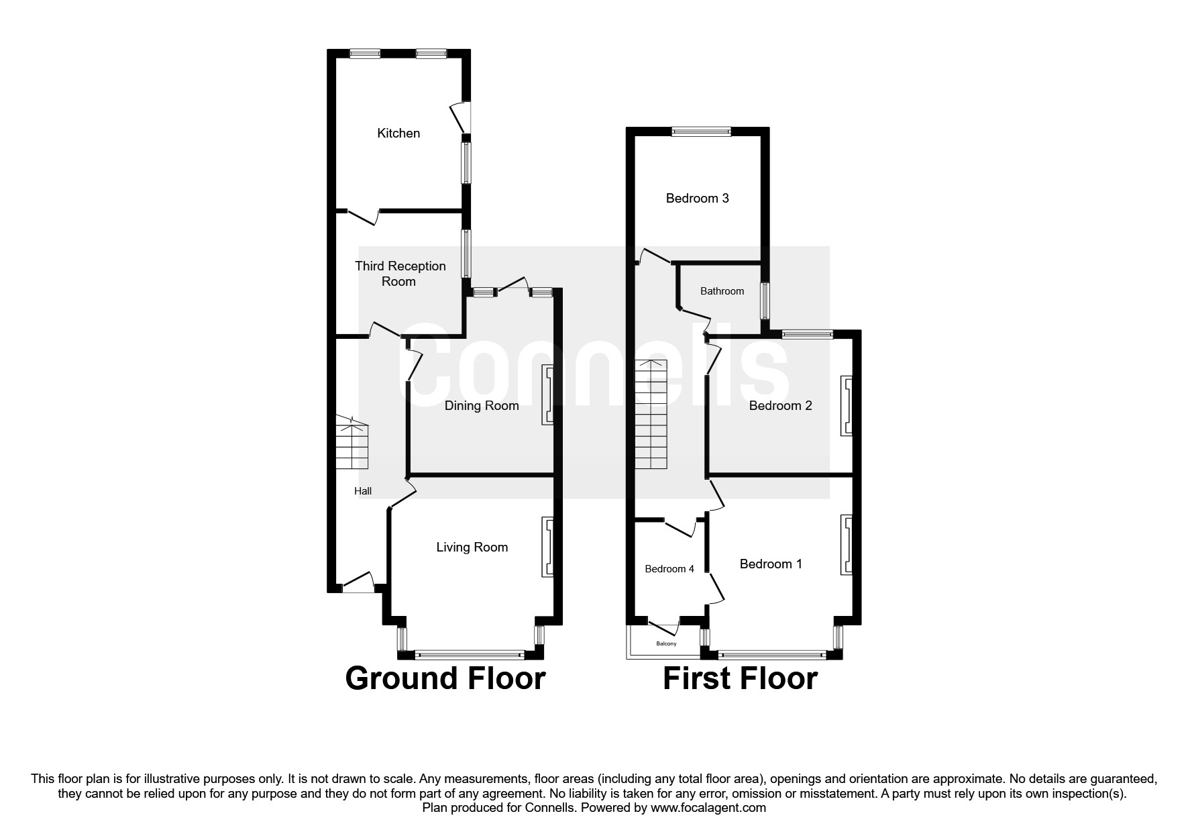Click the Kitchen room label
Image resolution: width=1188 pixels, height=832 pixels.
[x=398, y=134]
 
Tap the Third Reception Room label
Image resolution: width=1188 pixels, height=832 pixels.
[x=400, y=274]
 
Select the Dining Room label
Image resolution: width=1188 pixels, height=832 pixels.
[x=482, y=405]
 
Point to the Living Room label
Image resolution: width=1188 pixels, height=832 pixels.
[x=472, y=548]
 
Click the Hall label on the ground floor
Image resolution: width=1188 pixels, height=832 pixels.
[x=363, y=491]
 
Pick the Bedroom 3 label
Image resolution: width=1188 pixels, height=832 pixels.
[x=697, y=199]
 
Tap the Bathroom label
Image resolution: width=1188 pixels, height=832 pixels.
[x=722, y=291]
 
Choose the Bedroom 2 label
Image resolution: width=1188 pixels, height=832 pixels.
[x=780, y=406]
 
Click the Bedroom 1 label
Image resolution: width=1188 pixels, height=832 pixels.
[x=771, y=564]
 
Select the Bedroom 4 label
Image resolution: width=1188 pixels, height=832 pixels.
[x=669, y=569]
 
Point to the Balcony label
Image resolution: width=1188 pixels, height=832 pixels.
[x=666, y=644]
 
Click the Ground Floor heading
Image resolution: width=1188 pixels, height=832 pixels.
[x=445, y=678]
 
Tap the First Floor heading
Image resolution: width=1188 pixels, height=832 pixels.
[x=740, y=678]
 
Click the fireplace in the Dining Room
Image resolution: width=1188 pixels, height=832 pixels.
[x=548, y=395]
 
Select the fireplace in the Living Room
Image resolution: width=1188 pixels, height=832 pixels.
[x=548, y=546]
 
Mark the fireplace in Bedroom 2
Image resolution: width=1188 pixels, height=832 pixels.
[x=847, y=405]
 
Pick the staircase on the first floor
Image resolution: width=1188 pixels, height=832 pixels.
[x=651, y=415]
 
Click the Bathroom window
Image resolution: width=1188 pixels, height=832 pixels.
[x=765, y=301]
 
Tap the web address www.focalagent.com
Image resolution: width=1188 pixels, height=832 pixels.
[x=708, y=808]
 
